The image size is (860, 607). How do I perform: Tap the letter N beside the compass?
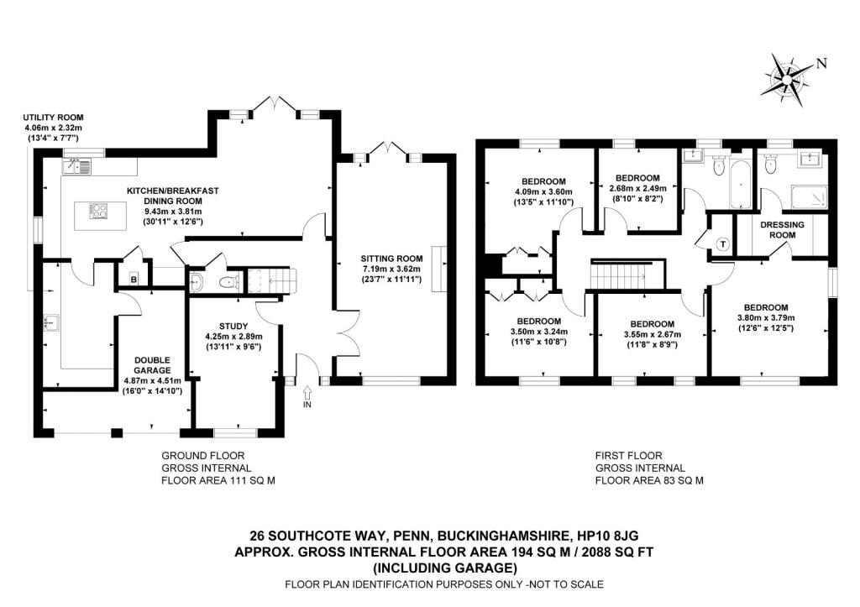tap(821, 63)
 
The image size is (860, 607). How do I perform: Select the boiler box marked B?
tap(134, 279)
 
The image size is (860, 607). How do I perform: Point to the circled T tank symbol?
tap(723, 244)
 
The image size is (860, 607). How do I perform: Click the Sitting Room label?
tap(391, 259)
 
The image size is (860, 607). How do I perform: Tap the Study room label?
tap(233, 327)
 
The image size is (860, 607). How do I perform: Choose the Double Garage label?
tap(152, 365)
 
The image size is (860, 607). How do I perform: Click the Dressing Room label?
tap(782, 230)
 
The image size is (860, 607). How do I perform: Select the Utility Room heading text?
tap(53, 118)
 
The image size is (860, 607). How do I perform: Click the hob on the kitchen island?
tap(99, 210)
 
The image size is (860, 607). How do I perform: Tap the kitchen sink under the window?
tap(78, 165)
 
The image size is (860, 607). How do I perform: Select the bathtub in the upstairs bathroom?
tap(741, 184)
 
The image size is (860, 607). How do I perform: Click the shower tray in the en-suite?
tap(809, 197)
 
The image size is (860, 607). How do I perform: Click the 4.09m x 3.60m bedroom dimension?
tap(543, 192)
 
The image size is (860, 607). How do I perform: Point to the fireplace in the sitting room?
tap(438, 269)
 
